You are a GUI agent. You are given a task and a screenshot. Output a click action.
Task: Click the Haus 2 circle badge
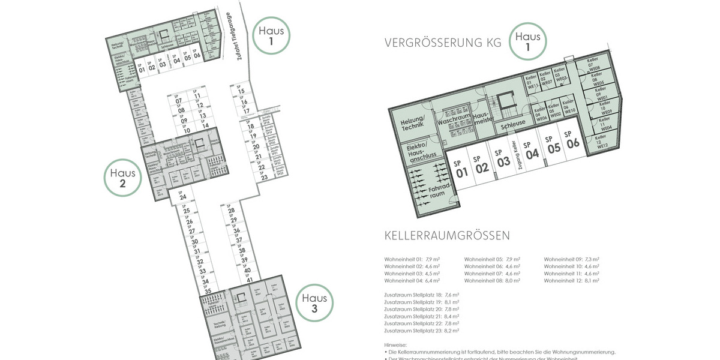pyautogui.click(x=122, y=178)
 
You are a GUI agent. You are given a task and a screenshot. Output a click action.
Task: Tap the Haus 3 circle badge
pyautogui.click(x=314, y=303)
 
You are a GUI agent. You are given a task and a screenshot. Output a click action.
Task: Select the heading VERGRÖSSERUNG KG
pyautogui.click(x=443, y=43)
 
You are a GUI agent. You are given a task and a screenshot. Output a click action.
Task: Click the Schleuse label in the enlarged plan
pyautogui.click(x=513, y=123)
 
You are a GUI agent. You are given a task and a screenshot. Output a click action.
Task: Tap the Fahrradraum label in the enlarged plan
pyautogui.click(x=440, y=193)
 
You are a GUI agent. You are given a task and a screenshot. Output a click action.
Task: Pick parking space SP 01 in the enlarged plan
pyautogui.click(x=461, y=169)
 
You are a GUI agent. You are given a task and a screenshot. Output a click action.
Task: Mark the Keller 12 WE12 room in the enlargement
pyautogui.click(x=602, y=142)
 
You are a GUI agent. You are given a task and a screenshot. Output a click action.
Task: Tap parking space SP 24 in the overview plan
pyautogui.click(x=182, y=194)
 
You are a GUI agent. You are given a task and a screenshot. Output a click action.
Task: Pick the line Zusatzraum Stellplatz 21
pyautogui.click(x=422, y=316)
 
